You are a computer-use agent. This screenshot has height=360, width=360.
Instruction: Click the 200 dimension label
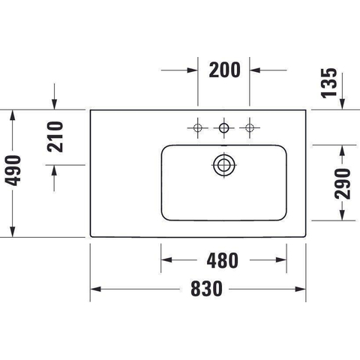point(224,70)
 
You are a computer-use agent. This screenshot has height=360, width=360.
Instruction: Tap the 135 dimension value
point(328,83)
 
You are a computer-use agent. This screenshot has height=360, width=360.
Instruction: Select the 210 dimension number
point(55,136)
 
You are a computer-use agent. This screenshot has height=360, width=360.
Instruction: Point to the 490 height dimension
point(13,170)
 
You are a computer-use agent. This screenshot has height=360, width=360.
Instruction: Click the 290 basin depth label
point(343,184)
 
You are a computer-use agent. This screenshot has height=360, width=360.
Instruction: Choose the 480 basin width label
point(223,260)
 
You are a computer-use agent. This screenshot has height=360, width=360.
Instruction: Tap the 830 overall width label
point(206,289)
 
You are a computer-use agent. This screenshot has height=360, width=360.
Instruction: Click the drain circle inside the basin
point(223,165)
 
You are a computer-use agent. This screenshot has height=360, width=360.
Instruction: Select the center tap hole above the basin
point(223,127)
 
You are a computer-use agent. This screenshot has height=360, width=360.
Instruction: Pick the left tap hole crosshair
point(198,127)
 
